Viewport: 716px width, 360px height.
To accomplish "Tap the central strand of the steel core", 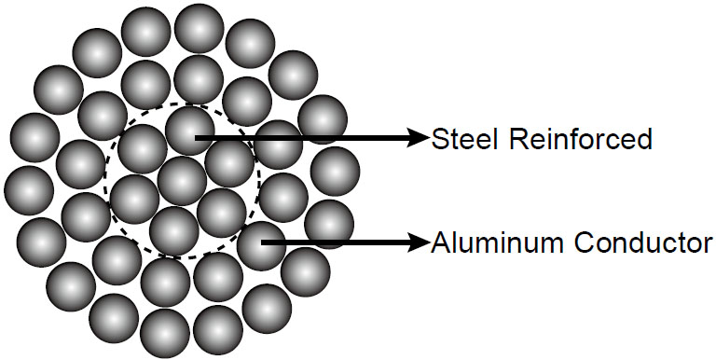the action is pyautogui.click(x=182, y=181).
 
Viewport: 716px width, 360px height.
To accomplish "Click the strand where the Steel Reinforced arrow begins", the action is pyautogui.click(x=190, y=131).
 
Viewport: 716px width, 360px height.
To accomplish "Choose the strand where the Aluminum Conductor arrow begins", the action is pyautogui.click(x=262, y=246).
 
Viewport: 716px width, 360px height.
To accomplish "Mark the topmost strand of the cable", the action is pyautogui.click(x=200, y=28).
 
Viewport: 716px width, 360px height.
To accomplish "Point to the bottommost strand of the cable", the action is pyautogui.click(x=165, y=333).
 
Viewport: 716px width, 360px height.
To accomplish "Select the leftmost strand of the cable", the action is pyautogui.click(x=29, y=190).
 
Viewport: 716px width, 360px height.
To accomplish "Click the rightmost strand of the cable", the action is pyautogui.click(x=336, y=172).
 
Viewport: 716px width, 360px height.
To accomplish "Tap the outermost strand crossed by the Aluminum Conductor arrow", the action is pyautogui.click(x=329, y=225).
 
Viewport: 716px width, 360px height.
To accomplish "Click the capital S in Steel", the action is pyautogui.click(x=440, y=139).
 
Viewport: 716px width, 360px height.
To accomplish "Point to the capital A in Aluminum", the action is pyautogui.click(x=441, y=243).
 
